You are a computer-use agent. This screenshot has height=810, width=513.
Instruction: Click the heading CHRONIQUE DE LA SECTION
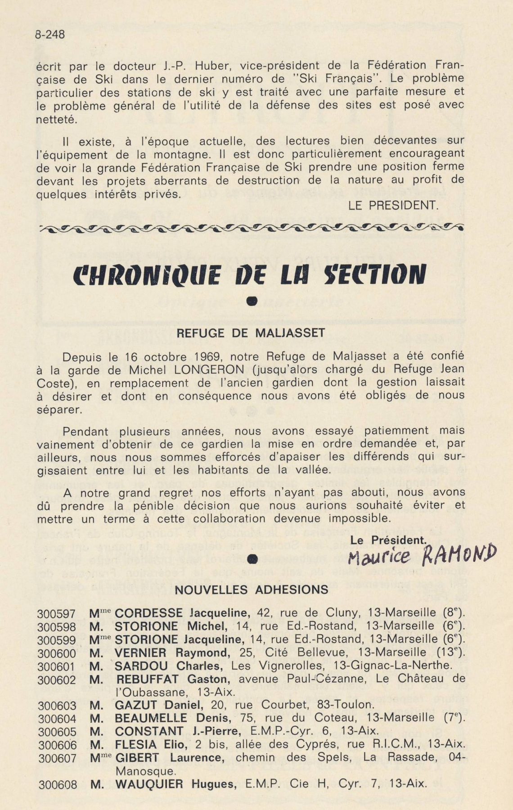tap(250, 274)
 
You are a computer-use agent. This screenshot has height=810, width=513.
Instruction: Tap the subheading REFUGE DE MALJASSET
tap(251, 333)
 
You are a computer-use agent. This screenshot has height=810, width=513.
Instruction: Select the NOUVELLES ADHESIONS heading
tap(251, 590)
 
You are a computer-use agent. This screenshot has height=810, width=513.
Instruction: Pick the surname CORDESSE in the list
tap(148, 613)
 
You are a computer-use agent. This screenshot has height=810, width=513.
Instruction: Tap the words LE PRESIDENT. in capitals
tap(393, 206)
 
